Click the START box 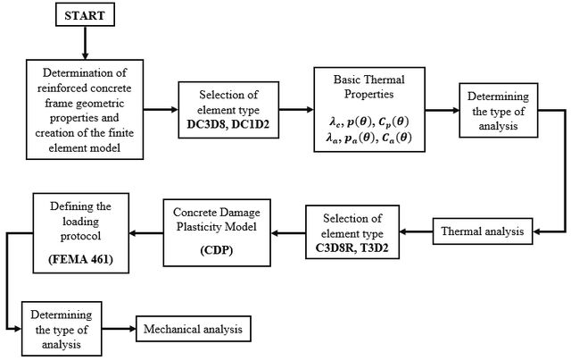click(86, 14)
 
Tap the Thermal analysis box click(483, 231)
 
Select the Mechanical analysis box click(194, 329)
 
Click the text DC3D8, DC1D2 click(228, 124)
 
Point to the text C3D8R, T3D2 click(352, 248)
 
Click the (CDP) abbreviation click(217, 250)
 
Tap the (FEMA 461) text click(81, 259)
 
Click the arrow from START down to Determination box click(86, 43)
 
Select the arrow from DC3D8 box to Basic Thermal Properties click(296, 109)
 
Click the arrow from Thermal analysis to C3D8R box click(416, 231)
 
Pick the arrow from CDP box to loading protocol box click(146, 233)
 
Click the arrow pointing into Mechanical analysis click(119, 329)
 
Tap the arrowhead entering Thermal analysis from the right click(536, 231)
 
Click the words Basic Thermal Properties click(368, 87)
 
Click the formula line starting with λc click(368, 122)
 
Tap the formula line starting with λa click(368, 138)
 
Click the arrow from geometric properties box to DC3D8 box click(161, 109)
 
